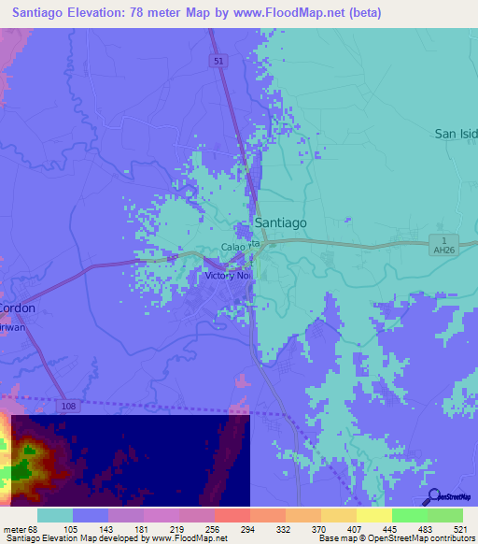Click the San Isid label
click(x=456, y=134)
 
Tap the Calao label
click(x=232, y=248)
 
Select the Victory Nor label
click(x=229, y=277)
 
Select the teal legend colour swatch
click(x=54, y=515)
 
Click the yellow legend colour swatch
click(x=373, y=515)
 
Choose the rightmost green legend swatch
click(x=444, y=515)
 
